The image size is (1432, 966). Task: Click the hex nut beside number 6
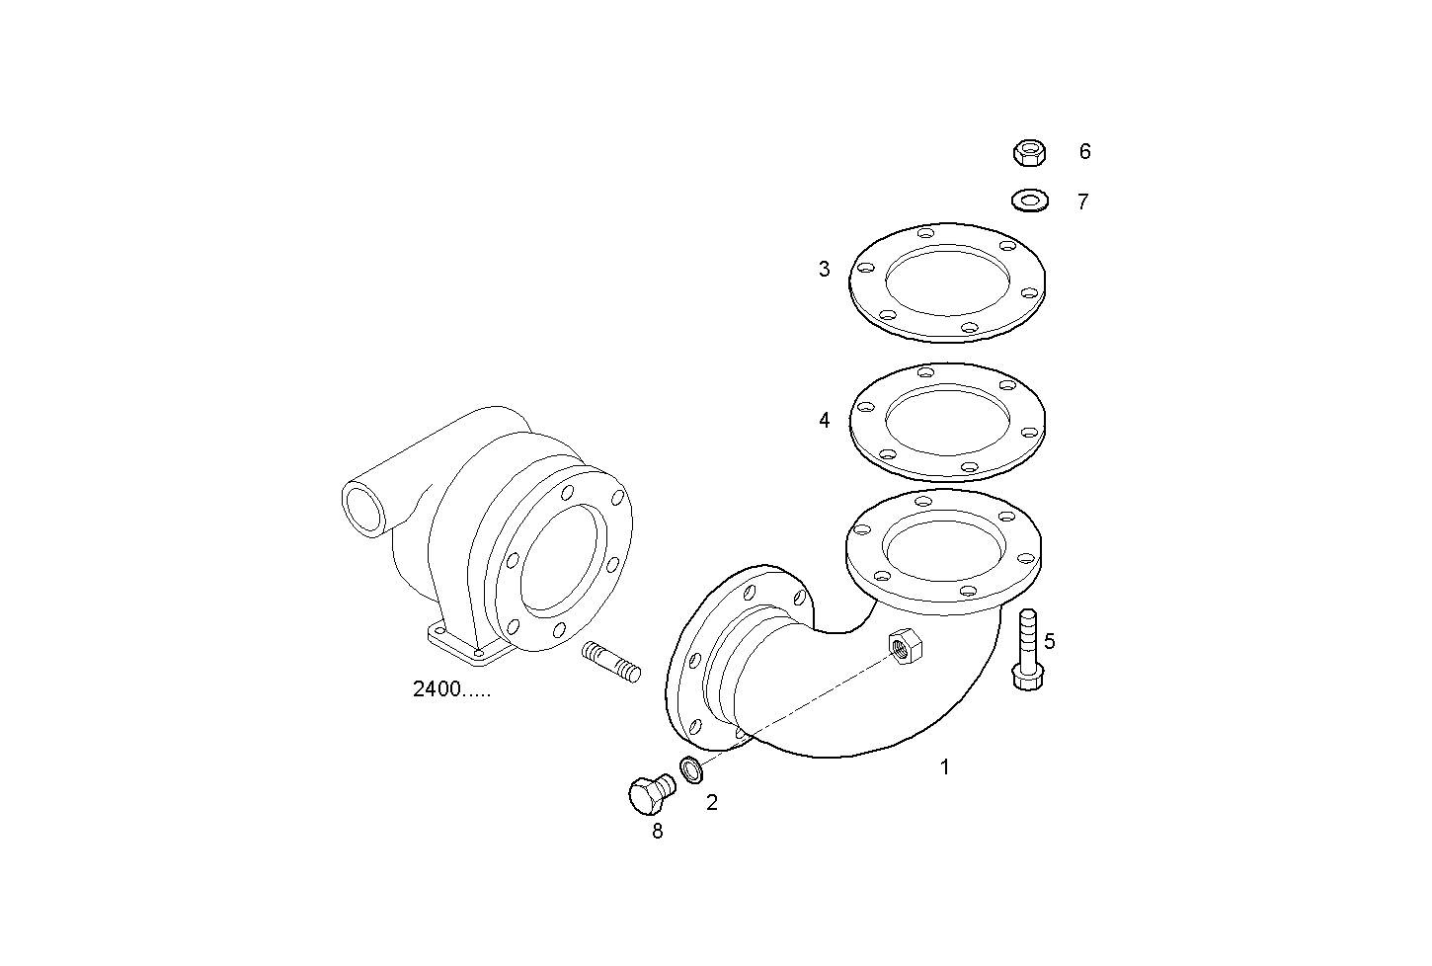coord(1030,152)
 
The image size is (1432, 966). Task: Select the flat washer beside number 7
coord(1030,201)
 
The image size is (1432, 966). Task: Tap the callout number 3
coord(824,269)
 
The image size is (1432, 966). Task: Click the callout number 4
coord(824,420)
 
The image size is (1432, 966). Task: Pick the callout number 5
coord(1049,641)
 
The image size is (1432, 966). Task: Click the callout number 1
coord(944,766)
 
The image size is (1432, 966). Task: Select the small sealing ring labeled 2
coord(690,768)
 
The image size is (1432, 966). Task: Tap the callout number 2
coord(711,803)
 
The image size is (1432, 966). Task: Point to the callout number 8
coord(657,832)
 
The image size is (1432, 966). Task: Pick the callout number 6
coord(1084,151)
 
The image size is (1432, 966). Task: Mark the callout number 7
coord(1082,201)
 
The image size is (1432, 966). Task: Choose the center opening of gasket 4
coord(946,420)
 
